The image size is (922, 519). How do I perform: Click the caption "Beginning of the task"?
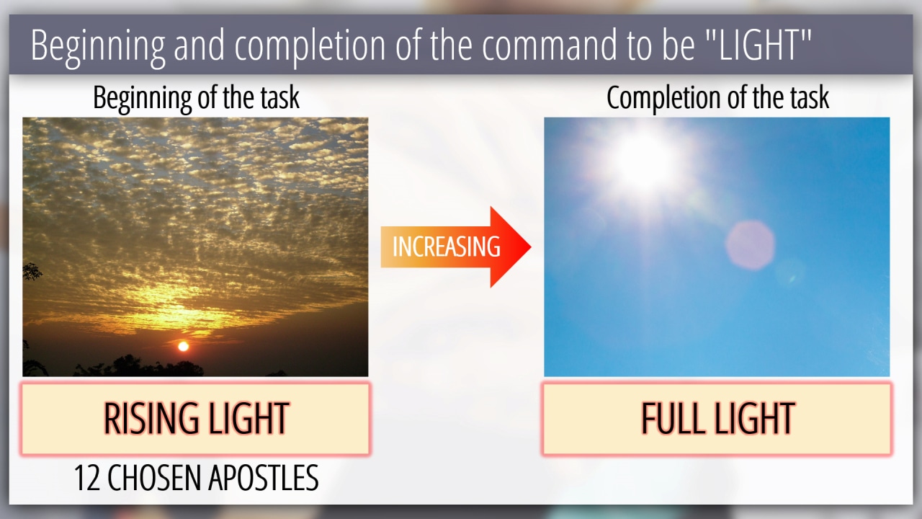pyautogui.click(x=197, y=99)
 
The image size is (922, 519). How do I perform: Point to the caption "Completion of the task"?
pyautogui.click(x=718, y=99)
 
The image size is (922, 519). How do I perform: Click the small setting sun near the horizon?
pyautogui.click(x=183, y=346)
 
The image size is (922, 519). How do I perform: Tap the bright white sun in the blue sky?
pyautogui.click(x=644, y=161)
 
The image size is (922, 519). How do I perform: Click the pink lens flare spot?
pyautogui.click(x=750, y=246)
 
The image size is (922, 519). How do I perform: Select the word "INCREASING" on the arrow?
pyautogui.click(x=447, y=247)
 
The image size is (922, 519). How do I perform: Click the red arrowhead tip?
pyautogui.click(x=531, y=247)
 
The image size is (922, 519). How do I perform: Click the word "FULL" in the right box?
pyautogui.click(x=672, y=419)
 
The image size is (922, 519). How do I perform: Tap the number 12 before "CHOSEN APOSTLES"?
pyautogui.click(x=87, y=478)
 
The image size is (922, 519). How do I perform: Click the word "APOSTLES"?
pyautogui.click(x=264, y=478)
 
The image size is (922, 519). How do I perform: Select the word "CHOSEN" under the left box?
pyautogui.click(x=155, y=478)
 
